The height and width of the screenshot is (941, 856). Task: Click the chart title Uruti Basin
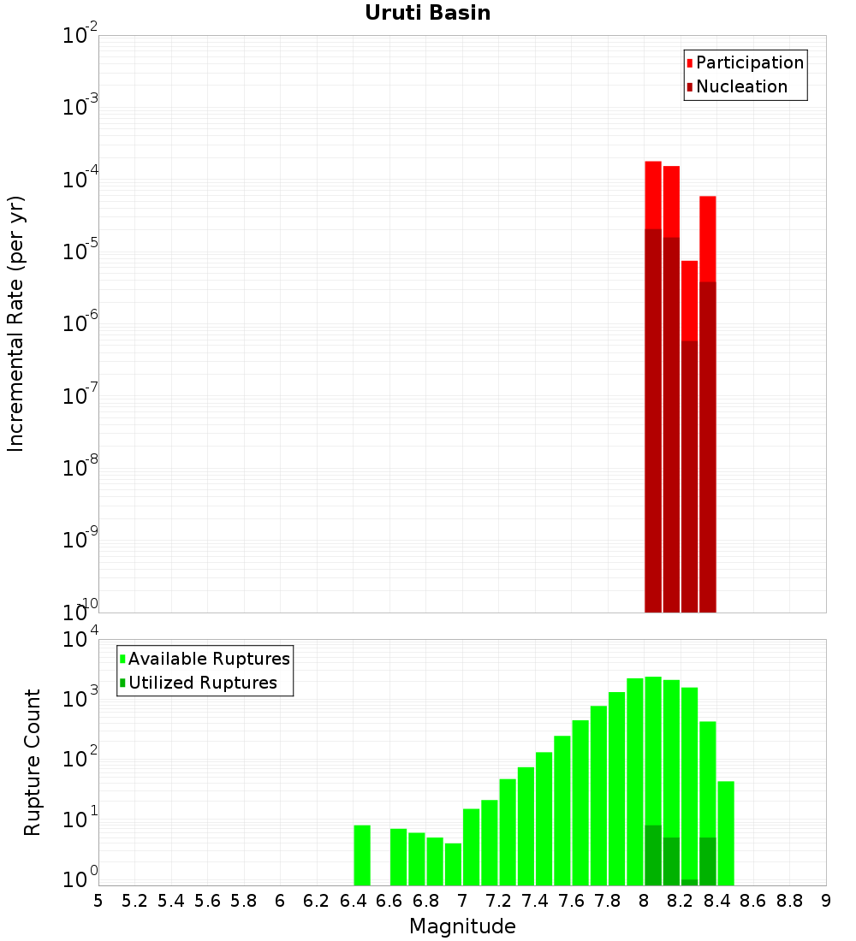click(427, 13)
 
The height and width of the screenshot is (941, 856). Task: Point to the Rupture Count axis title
click(33, 762)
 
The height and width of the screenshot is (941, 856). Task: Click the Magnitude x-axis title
click(462, 926)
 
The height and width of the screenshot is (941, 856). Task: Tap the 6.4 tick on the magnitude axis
click(353, 901)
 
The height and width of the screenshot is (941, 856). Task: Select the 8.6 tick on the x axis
click(753, 901)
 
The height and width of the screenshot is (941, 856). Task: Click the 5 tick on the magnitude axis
click(98, 901)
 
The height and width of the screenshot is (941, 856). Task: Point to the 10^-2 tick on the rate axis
click(80, 36)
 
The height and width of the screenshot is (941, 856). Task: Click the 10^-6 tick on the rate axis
click(80, 324)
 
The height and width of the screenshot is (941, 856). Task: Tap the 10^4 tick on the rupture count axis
click(80, 640)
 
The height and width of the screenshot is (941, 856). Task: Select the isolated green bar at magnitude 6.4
click(362, 855)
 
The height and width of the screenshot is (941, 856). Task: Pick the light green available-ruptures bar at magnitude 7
click(471, 847)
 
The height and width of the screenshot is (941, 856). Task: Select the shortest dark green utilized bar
click(689, 882)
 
